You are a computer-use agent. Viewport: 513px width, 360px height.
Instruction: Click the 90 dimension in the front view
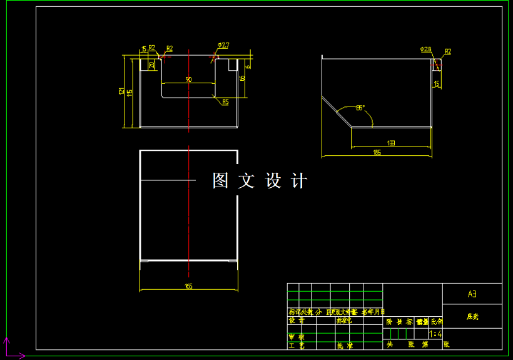click(188, 80)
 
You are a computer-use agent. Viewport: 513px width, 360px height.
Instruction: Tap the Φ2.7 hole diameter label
click(223, 45)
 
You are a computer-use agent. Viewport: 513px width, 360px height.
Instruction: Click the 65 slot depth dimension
click(242, 78)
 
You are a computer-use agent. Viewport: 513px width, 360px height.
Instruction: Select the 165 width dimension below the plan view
click(188, 286)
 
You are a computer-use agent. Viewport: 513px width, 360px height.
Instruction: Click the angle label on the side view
click(360, 108)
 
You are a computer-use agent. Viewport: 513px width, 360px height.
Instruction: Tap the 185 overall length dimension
click(377, 152)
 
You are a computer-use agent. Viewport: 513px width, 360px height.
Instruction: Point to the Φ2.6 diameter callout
click(426, 49)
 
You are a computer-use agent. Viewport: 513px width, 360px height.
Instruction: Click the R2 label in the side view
click(448, 51)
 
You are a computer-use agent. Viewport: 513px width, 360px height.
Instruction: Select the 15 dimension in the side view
click(437, 83)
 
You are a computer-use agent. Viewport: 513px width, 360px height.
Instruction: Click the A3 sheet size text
click(472, 294)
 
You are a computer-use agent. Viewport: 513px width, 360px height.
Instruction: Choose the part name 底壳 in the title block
click(472, 317)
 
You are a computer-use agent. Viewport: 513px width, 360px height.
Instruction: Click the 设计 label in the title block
click(296, 320)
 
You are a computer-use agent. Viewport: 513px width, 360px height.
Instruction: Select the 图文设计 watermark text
click(260, 181)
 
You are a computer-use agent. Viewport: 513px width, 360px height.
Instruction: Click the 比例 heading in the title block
click(435, 321)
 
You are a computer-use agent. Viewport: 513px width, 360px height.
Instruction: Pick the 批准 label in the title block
click(345, 345)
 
